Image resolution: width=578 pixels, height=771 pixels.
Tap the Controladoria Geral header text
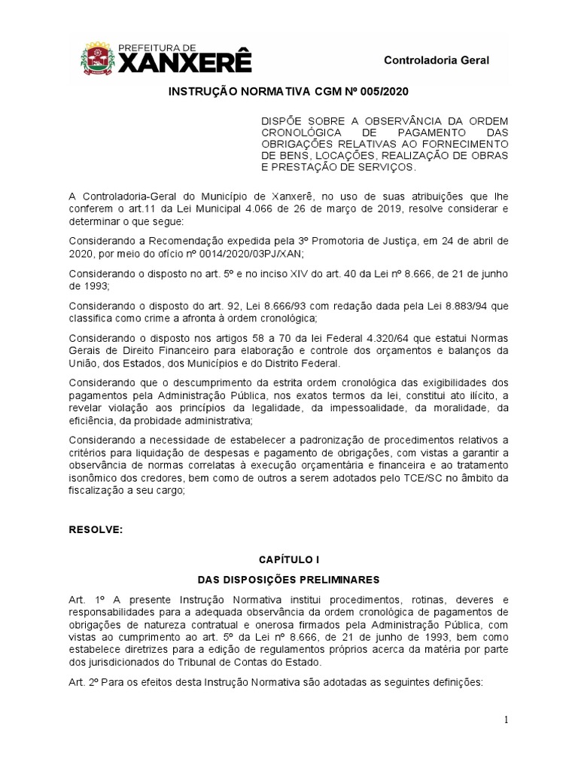point(437,60)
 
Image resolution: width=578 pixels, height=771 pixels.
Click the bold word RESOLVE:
point(96,530)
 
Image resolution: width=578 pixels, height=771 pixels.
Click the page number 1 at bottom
point(507,721)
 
